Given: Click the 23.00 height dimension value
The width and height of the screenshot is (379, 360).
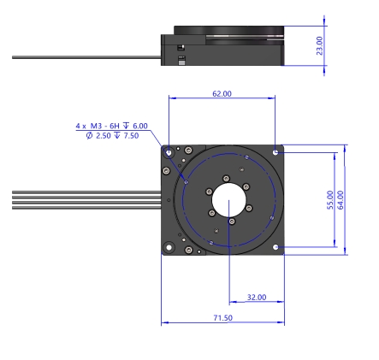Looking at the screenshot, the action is click(x=320, y=45).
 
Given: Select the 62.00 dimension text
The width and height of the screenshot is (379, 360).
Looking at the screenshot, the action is click(x=222, y=94).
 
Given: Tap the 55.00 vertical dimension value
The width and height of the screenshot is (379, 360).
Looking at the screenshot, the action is click(x=330, y=200).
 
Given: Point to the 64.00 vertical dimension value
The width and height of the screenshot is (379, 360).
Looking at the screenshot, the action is click(x=341, y=200).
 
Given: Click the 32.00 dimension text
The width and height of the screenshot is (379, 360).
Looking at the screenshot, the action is click(x=257, y=298).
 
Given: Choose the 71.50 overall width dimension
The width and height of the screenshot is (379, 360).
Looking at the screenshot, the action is click(x=223, y=318).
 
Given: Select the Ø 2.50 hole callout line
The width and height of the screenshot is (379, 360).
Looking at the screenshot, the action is click(x=112, y=136).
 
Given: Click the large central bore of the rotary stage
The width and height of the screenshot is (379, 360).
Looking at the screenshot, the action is click(x=229, y=200).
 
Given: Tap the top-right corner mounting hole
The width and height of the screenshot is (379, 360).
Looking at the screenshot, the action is click(x=275, y=152).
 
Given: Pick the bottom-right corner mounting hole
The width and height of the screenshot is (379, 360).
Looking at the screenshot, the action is click(x=275, y=247).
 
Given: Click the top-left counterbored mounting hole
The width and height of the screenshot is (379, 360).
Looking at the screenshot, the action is click(x=169, y=152).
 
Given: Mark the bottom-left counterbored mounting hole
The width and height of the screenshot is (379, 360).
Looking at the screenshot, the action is click(x=169, y=247).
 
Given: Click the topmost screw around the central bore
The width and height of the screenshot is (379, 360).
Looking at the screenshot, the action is click(x=226, y=179).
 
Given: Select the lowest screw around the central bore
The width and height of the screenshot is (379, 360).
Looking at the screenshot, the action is click(x=232, y=221).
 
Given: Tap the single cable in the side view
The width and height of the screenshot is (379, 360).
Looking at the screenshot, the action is click(x=86, y=57).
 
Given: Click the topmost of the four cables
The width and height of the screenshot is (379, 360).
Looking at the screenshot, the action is click(x=86, y=192).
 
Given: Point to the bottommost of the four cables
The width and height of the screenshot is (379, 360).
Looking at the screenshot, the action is click(x=86, y=208).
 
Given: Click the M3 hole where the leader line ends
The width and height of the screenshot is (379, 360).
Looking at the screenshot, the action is click(x=187, y=182).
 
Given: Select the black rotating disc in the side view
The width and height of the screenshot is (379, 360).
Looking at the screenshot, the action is click(x=229, y=30).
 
